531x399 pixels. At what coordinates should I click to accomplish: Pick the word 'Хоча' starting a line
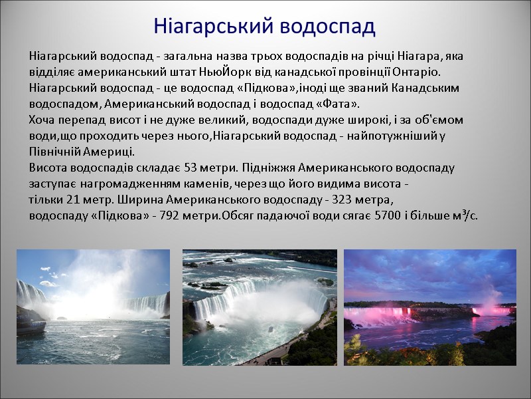tap(42, 120)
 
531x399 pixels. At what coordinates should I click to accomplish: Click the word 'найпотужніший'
tap(401, 136)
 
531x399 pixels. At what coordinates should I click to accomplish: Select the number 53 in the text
tap(190, 168)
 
